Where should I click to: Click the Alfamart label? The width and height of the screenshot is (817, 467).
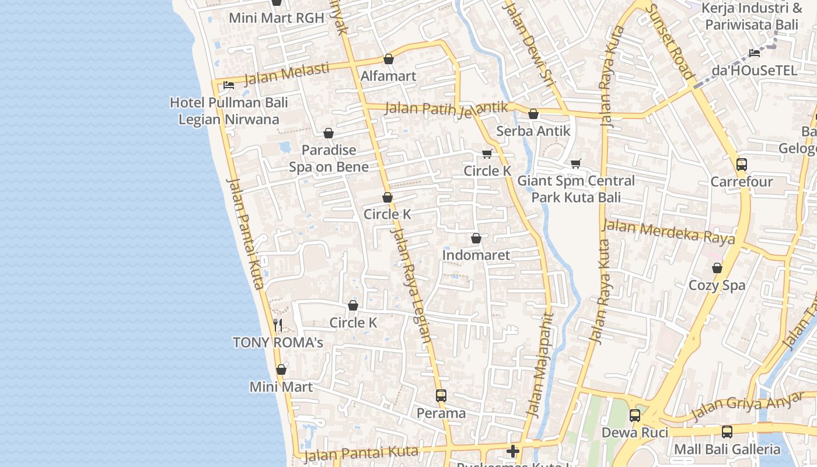[x=388, y=76]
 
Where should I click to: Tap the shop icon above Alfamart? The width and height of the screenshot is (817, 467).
[x=388, y=59]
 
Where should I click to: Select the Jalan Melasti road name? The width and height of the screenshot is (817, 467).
[x=286, y=74]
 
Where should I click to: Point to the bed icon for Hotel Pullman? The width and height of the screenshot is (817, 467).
[x=229, y=85]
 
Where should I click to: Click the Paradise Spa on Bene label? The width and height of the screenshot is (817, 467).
[x=329, y=158]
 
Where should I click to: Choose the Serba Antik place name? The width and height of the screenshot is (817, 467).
[x=533, y=131]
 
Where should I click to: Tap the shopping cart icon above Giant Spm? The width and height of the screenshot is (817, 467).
[x=576, y=163]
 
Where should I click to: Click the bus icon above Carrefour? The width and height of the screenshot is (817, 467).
[x=741, y=165]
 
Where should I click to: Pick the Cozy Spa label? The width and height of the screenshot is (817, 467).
[x=717, y=285]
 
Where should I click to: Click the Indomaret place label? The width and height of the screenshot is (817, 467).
[x=476, y=255]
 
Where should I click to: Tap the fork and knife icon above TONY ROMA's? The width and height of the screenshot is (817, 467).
[x=278, y=325]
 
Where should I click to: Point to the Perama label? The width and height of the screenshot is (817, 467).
[x=441, y=413]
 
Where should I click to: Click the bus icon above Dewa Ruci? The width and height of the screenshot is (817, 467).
[x=634, y=416]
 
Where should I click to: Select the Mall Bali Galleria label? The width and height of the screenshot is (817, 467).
[x=727, y=449]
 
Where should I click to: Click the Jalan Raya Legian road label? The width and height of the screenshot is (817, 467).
[x=412, y=285]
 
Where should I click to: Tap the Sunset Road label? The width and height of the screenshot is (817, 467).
[x=670, y=41]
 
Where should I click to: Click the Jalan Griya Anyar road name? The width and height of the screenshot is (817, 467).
[x=747, y=406]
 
